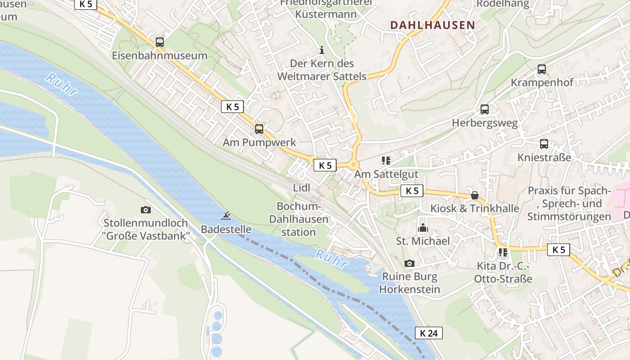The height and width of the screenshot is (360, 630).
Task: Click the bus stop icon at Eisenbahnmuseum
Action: pos(160,42)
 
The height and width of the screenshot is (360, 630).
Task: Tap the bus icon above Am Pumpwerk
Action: pos(259,129)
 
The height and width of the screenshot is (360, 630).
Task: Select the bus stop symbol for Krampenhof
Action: pos(542,69)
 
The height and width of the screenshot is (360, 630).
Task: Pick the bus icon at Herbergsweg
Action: pos(485,109)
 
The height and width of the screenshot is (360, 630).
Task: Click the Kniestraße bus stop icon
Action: pos(544,144)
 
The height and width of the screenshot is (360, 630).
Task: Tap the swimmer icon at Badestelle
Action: pos(226,216)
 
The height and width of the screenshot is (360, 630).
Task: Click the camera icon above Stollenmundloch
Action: pos(145,210)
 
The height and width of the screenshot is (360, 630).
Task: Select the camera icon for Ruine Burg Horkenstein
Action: pos(409,263)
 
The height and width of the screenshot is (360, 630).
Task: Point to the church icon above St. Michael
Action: pos(423,228)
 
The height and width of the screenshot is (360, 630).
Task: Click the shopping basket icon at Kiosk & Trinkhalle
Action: pos(475,195)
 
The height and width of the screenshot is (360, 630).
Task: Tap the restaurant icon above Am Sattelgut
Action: pos(386,161)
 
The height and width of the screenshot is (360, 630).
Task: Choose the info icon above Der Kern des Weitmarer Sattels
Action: pos(321,50)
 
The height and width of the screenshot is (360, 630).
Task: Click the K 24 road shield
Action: pos(428,333)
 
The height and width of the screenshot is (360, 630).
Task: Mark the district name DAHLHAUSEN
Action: pos(432,25)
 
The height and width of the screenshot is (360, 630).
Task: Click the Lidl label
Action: pos(301,188)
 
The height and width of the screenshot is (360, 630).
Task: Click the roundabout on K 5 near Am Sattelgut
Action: pos(353,165)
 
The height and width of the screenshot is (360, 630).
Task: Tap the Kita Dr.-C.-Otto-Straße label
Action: pos(503,273)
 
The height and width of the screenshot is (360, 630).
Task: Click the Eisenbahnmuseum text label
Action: pos(160,56)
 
